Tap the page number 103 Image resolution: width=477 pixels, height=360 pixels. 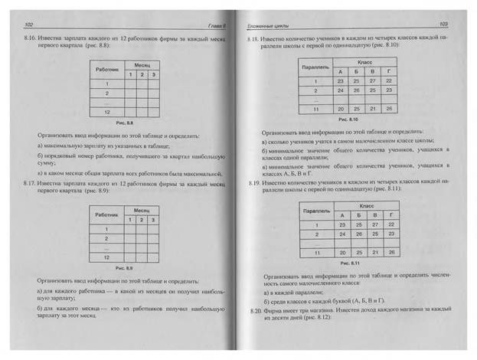(x=444, y=24)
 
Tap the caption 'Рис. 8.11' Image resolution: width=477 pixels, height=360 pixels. (x=348, y=262)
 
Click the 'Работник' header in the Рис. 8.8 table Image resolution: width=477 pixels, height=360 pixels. (x=106, y=70)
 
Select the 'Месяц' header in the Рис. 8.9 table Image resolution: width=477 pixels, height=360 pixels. (x=142, y=209)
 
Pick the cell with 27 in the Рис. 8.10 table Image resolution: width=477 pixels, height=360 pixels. (x=373, y=80)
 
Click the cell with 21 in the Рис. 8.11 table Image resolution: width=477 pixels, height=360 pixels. (x=373, y=251)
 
